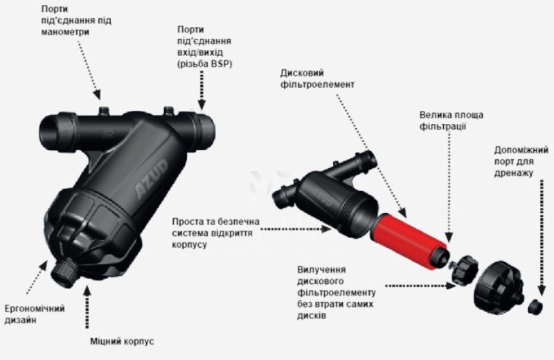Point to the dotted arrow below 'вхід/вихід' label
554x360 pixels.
pyautogui.click(x=202, y=88)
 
